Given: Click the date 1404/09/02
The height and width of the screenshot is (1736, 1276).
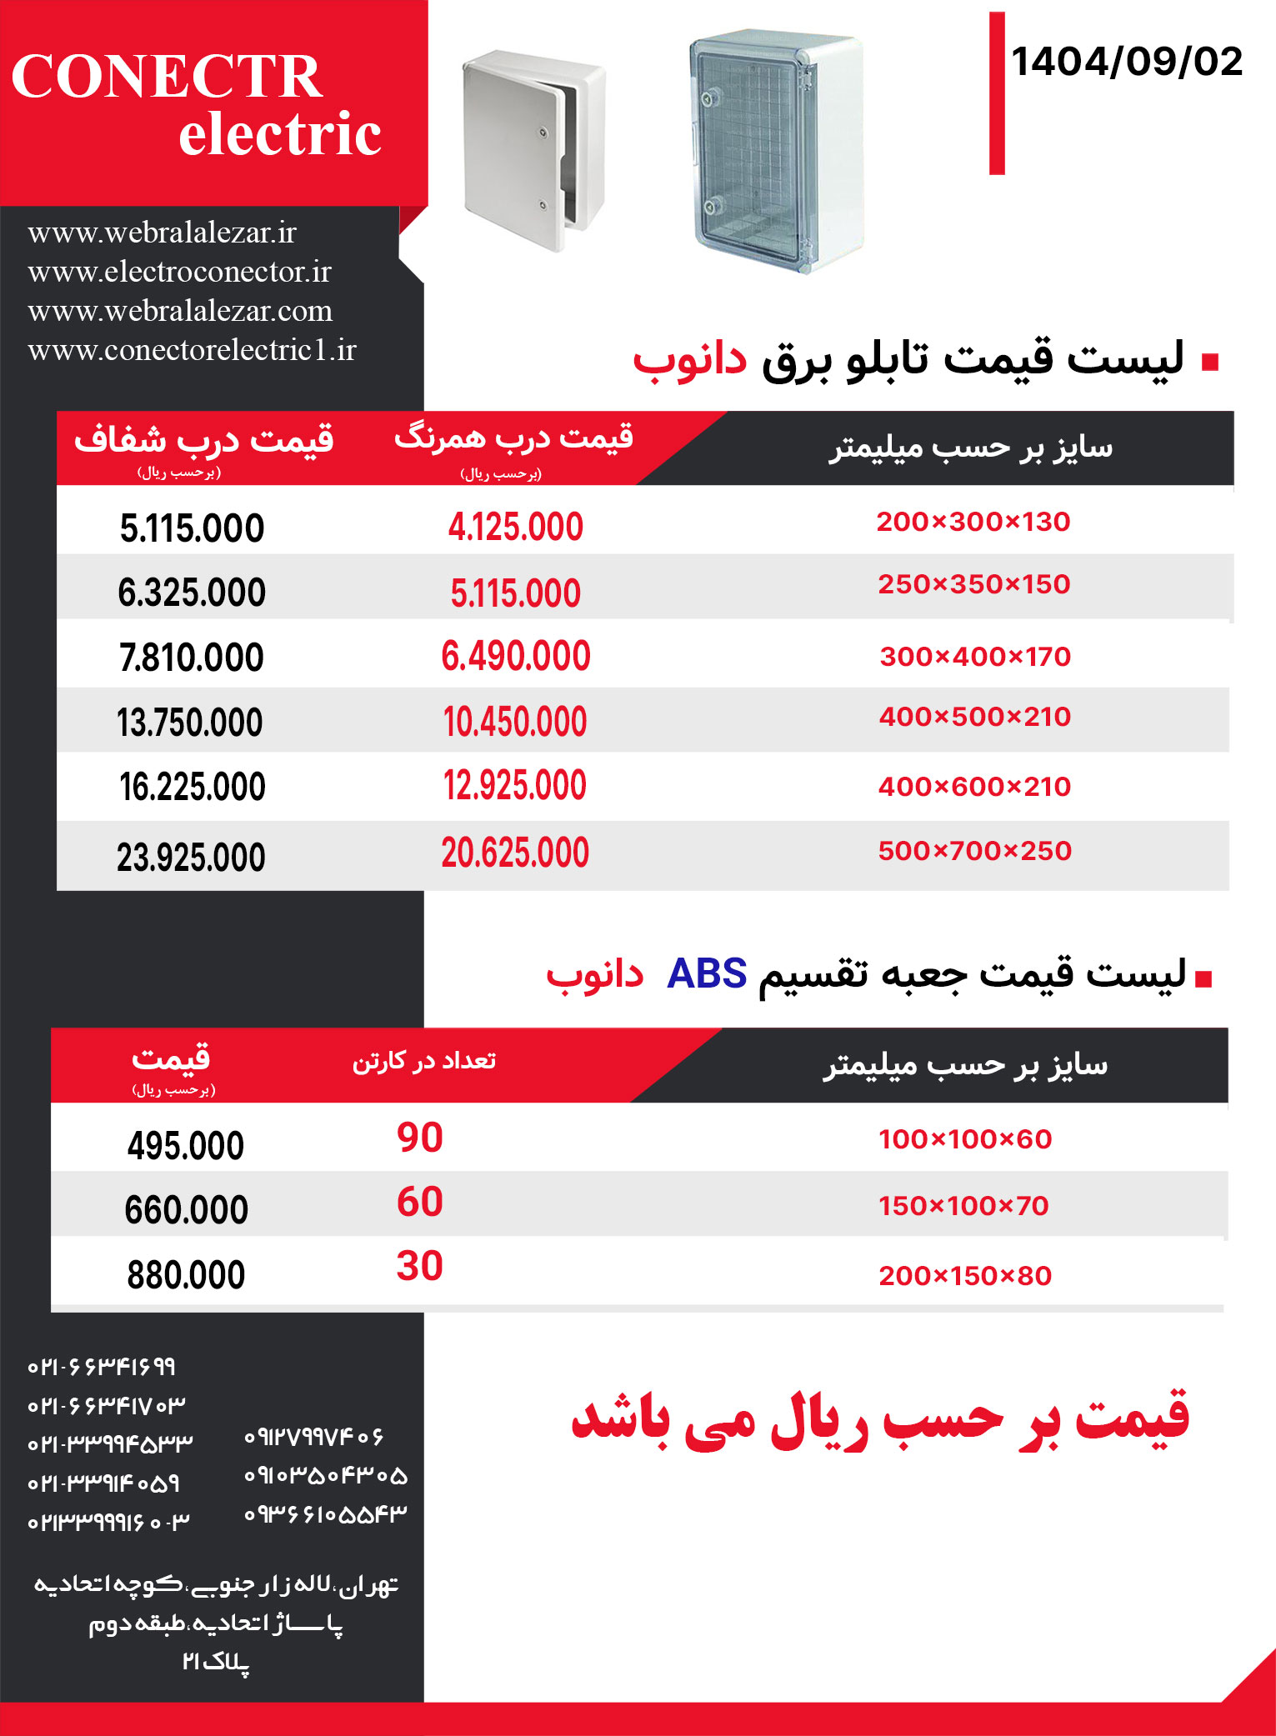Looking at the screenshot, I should [x=1126, y=63].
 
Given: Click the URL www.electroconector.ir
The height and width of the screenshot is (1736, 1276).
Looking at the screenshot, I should [x=179, y=272].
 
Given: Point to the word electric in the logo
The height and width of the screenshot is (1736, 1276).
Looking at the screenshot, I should [x=280, y=134].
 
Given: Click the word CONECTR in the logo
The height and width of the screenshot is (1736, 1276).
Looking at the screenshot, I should [x=167, y=77].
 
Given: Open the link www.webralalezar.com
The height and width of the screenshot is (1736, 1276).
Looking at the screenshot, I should [x=180, y=311].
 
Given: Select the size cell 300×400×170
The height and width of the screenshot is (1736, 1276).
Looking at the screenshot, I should [x=974, y=657].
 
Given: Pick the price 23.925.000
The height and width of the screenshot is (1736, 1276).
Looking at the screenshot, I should [x=191, y=858].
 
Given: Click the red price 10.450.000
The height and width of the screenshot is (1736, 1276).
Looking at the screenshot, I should [x=515, y=722].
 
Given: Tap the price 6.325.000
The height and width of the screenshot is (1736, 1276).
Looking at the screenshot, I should [x=192, y=593].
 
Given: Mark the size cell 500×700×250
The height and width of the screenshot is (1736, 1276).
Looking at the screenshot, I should [x=974, y=851].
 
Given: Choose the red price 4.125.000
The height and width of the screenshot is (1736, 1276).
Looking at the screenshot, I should [x=515, y=528].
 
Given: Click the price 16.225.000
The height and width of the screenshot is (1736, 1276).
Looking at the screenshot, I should [x=192, y=787].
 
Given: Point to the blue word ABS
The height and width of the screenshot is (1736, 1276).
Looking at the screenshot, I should [x=707, y=973].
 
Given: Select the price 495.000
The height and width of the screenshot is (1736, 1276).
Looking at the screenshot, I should [x=185, y=1146].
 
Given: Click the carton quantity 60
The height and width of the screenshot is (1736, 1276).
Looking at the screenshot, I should [x=419, y=1202].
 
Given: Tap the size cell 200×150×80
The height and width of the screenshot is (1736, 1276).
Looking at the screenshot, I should [x=964, y=1276].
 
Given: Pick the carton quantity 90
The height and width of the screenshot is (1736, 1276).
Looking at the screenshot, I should [x=419, y=1138].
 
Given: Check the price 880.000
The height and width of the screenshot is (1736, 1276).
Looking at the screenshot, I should [x=186, y=1275].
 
